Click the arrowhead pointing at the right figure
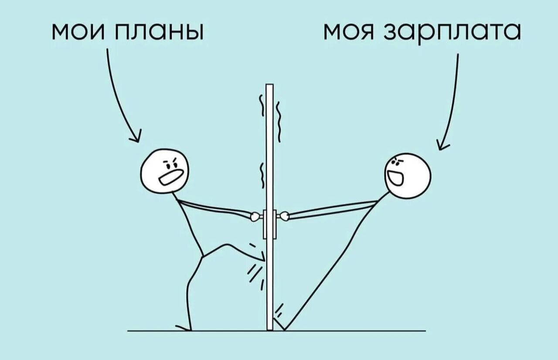443,144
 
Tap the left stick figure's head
165,170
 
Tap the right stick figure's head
408,176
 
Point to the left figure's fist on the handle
255,215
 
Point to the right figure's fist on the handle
284,215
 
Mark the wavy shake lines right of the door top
278,118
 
